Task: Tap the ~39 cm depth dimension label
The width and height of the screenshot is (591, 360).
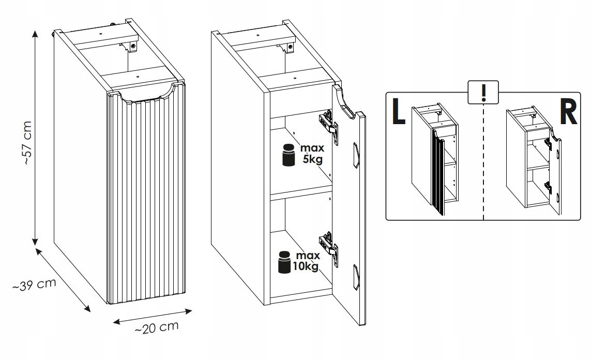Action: coord(34,284)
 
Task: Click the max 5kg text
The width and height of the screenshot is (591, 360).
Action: coord(312,154)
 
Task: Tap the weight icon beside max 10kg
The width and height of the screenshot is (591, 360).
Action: coord(284,262)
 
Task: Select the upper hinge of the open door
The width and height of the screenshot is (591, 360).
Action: coord(328,125)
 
